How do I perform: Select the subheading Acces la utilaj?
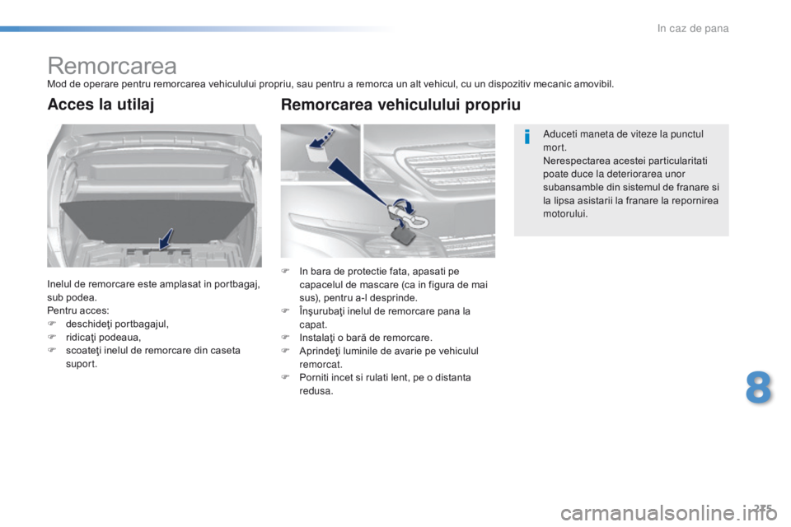click(101, 105)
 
